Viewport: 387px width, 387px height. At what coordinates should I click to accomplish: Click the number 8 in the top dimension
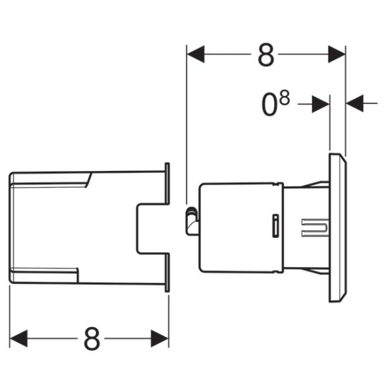[266, 56]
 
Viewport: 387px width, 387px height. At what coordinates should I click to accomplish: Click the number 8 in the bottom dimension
[91, 339]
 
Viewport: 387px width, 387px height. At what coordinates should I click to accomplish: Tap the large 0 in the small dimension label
[268, 105]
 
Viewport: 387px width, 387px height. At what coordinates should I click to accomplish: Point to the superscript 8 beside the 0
[284, 98]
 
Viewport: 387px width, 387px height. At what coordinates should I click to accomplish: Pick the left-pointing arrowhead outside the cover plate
[354, 104]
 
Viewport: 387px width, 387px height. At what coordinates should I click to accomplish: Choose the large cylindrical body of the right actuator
[240, 227]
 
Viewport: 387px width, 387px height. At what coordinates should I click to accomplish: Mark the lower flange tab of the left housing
[167, 272]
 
